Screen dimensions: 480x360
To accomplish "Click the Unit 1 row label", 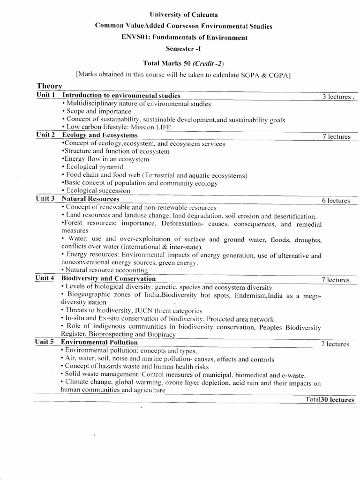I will (46, 95).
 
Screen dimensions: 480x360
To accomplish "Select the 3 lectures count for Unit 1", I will (336, 97).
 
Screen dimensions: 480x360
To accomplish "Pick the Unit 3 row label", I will (46, 199).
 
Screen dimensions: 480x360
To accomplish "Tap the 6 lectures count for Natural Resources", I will (336, 201).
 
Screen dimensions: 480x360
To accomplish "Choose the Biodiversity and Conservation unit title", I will (109, 278).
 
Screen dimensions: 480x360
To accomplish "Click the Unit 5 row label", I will (46, 342).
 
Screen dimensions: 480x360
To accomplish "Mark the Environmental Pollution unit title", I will (100, 342).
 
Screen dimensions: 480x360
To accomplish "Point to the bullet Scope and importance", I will (98, 112).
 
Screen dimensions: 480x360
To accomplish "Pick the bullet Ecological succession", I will (97, 191).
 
